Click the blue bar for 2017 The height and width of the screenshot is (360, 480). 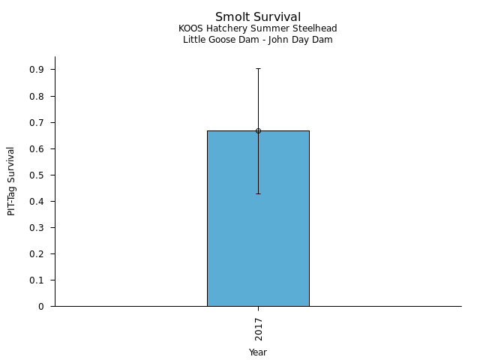tap(258, 225)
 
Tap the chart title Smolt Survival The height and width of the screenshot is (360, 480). tap(258, 16)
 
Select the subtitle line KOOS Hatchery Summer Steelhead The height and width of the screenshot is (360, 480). tap(258, 28)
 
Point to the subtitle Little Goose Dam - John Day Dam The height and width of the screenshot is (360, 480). tap(258, 40)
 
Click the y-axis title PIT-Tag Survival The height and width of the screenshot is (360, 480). tap(11, 181)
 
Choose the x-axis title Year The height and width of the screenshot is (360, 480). tap(258, 352)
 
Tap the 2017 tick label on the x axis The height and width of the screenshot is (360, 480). tap(258, 328)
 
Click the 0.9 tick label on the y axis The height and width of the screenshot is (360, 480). tap(37, 70)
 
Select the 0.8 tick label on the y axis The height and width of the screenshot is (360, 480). tap(37, 96)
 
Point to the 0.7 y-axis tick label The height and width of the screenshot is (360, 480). tap(37, 122)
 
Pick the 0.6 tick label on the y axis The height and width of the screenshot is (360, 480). tap(37, 148)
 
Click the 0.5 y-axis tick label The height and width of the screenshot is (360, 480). tap(37, 175)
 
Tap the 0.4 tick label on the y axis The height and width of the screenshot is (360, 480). tap(37, 201)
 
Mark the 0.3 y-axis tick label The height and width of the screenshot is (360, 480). tap(37, 227)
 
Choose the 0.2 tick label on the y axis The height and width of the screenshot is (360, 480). tap(37, 253)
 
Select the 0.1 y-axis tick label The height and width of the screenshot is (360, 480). tap(37, 280)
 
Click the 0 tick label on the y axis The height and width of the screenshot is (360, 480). tap(42, 306)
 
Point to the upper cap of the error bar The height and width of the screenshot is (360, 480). tap(258, 68)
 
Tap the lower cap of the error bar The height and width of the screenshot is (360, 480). tap(258, 193)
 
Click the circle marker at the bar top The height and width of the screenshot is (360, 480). tap(258, 130)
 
